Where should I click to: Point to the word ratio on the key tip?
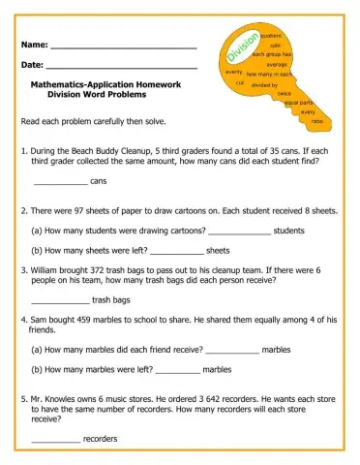317,120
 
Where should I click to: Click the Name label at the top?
33,46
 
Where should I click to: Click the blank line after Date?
122,67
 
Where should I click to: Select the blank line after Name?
123,47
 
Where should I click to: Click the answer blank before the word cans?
60,182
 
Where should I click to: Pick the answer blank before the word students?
240,231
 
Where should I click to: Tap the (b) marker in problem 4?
39,369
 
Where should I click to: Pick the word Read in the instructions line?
30,123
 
